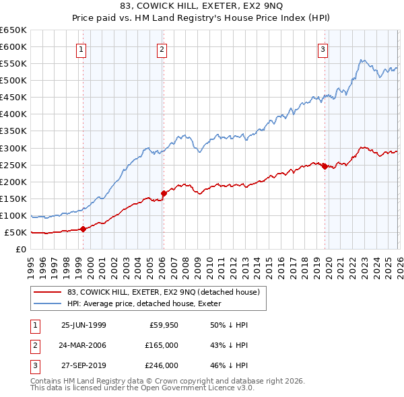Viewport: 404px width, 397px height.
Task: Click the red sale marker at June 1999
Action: (83, 229)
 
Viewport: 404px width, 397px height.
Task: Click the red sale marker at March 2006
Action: (163, 193)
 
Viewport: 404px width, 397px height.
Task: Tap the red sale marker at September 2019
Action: (324, 166)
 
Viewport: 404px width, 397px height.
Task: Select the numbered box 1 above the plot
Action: (81, 48)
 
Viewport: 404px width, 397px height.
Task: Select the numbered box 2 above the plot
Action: (162, 48)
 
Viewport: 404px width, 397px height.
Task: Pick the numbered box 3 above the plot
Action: (323, 48)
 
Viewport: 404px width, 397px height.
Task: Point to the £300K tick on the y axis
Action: (13, 148)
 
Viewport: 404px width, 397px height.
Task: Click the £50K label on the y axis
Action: (15, 232)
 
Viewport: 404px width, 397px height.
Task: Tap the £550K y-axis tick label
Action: (13, 64)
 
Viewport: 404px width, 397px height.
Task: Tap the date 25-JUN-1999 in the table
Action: (83, 324)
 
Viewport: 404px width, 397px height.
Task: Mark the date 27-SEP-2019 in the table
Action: (83, 365)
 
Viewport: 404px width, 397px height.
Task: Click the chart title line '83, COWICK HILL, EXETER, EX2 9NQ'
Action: (202, 7)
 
